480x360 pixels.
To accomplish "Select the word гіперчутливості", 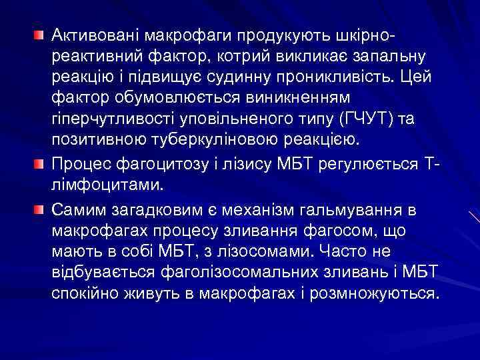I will pos(109,119).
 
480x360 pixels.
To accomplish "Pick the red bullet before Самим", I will pos(40,211).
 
